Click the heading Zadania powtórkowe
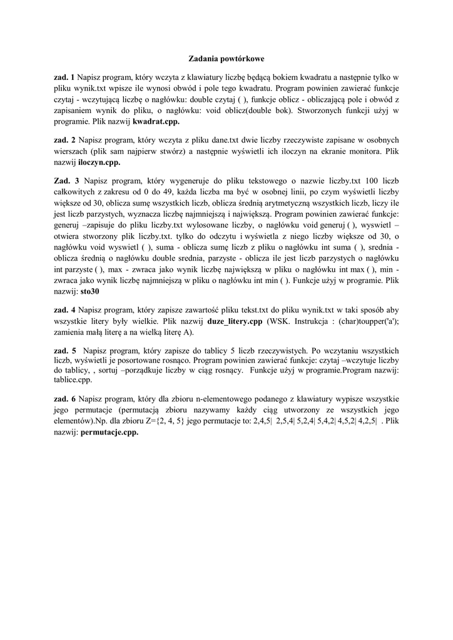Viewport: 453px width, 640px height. [x=227, y=59]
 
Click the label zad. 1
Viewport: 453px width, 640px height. [x=64, y=77]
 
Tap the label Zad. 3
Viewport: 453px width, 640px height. [x=64, y=181]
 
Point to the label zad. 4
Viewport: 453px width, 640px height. [x=64, y=309]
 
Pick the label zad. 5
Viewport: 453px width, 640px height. [x=64, y=351]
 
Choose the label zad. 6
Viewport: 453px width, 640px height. [x=64, y=398]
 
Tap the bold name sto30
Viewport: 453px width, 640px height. [x=91, y=291]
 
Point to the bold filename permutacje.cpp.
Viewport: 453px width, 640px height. [x=109, y=431]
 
